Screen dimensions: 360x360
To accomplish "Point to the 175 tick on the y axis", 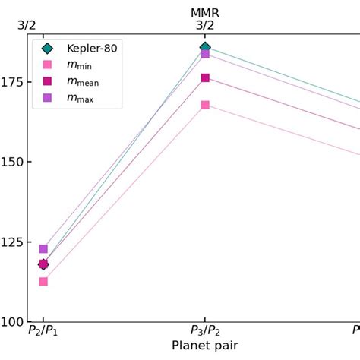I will pyautogui.click(x=12, y=82).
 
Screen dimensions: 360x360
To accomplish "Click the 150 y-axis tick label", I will pyautogui.click(x=12, y=162).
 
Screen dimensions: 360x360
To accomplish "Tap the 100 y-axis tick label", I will pyautogui.click(x=12, y=321).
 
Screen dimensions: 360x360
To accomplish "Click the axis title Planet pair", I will pyautogui.click(x=205, y=346).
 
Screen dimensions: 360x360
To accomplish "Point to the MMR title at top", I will pyautogui.click(x=205, y=13).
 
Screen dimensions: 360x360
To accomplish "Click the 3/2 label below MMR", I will pyautogui.click(x=205, y=25).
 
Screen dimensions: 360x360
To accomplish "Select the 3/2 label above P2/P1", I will pyautogui.click(x=27, y=25).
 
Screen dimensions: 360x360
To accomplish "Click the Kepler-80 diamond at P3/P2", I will pyautogui.click(x=205, y=47).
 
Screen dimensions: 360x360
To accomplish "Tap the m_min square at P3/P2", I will pyautogui.click(x=205, y=105).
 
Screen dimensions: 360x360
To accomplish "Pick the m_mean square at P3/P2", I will pyautogui.click(x=205, y=77).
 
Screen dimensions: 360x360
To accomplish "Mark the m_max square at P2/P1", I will pyautogui.click(x=43, y=249).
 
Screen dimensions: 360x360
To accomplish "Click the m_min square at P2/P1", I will pyautogui.click(x=43, y=282).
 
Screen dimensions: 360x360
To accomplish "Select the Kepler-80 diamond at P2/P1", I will pyautogui.click(x=43, y=264).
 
